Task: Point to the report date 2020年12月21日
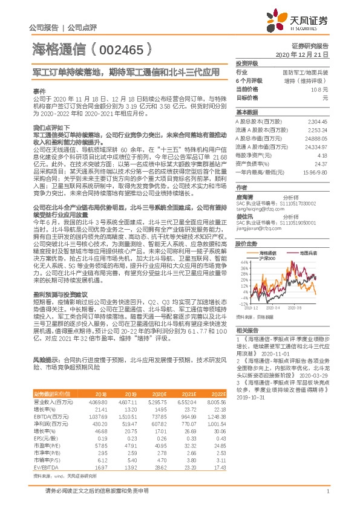(309, 54)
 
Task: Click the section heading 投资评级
(247, 63)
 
